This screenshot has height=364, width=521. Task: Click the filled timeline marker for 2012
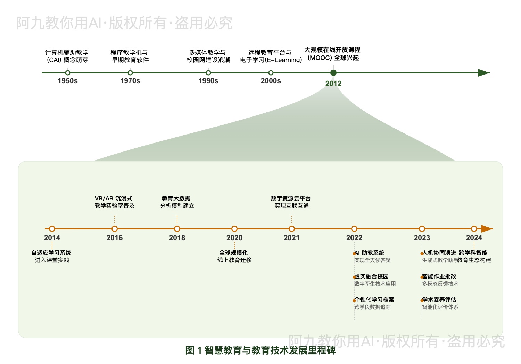tap(333, 73)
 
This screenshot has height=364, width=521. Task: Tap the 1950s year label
tap(68, 81)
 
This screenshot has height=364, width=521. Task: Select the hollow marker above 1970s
tap(130, 73)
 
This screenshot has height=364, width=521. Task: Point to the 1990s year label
tap(208, 81)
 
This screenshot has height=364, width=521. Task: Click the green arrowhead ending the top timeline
tap(483, 73)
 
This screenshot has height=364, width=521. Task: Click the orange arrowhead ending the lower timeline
tap(487, 229)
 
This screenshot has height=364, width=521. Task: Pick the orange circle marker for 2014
tap(52, 229)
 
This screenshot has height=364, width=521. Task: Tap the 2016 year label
tap(115, 238)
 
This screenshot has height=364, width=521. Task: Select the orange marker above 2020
tap(234, 229)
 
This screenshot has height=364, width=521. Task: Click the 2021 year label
tap(292, 238)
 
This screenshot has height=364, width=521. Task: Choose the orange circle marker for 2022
tap(354, 229)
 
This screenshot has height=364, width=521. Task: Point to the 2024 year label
tap(474, 238)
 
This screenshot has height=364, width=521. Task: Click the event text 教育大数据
tap(176, 198)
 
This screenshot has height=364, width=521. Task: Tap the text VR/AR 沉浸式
tap(114, 198)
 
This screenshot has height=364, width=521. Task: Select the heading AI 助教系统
tap(370, 253)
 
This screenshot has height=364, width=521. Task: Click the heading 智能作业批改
tap(439, 276)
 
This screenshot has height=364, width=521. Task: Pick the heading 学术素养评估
tap(439, 300)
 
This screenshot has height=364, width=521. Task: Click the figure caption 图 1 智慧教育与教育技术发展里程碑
tap(260, 350)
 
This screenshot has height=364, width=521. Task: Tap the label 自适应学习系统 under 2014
tap(51, 253)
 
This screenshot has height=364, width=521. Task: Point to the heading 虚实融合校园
tap(372, 276)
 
